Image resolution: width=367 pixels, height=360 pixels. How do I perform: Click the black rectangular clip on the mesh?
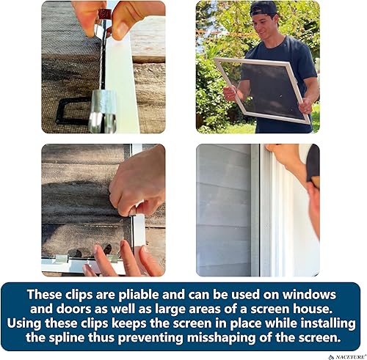(x=73, y=110)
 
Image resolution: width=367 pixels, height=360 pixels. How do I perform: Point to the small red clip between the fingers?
(x=104, y=14)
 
